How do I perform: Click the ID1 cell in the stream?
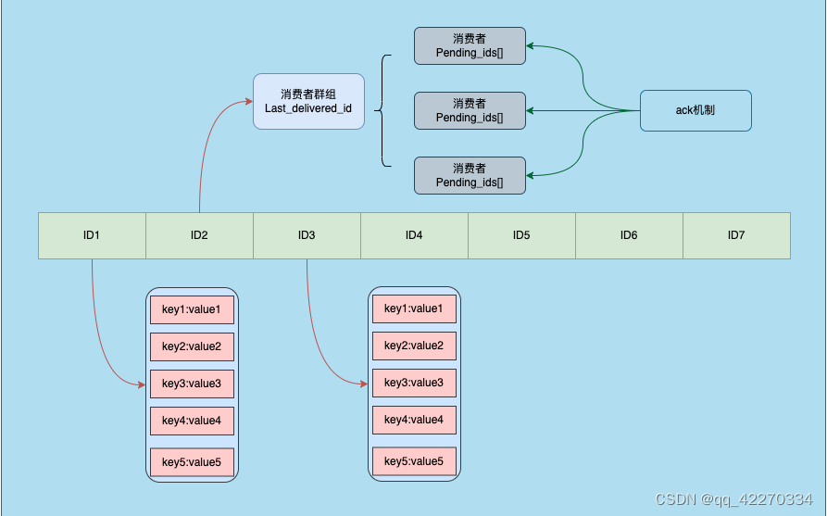(92, 235)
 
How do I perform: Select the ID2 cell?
(199, 235)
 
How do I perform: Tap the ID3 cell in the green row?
(307, 235)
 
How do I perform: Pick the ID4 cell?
(414, 235)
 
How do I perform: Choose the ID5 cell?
(521, 235)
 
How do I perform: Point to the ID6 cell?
(629, 235)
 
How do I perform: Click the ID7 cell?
(736, 235)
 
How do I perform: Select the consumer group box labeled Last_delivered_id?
(308, 102)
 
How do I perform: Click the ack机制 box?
(695, 110)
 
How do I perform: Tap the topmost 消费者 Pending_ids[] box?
(470, 45)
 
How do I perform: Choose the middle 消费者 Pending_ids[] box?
(470, 110)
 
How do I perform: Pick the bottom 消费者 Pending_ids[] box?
(470, 175)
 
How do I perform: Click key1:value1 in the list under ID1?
(192, 309)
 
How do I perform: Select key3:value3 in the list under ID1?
(192, 384)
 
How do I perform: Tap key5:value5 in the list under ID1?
(192, 461)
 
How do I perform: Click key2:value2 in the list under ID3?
(414, 346)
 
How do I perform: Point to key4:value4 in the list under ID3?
(414, 421)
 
